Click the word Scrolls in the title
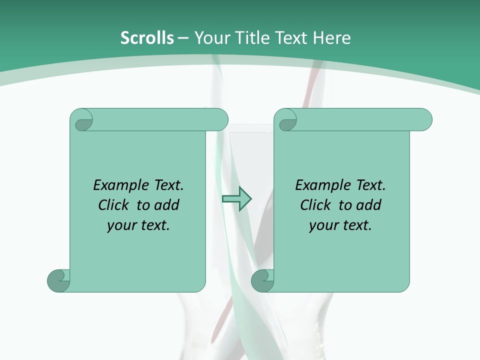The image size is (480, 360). [147, 38]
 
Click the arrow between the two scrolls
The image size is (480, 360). [236, 198]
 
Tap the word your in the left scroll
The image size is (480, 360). [120, 226]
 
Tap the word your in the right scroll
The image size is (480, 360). [322, 226]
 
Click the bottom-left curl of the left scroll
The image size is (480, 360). [58, 280]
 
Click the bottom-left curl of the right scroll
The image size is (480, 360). [262, 280]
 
